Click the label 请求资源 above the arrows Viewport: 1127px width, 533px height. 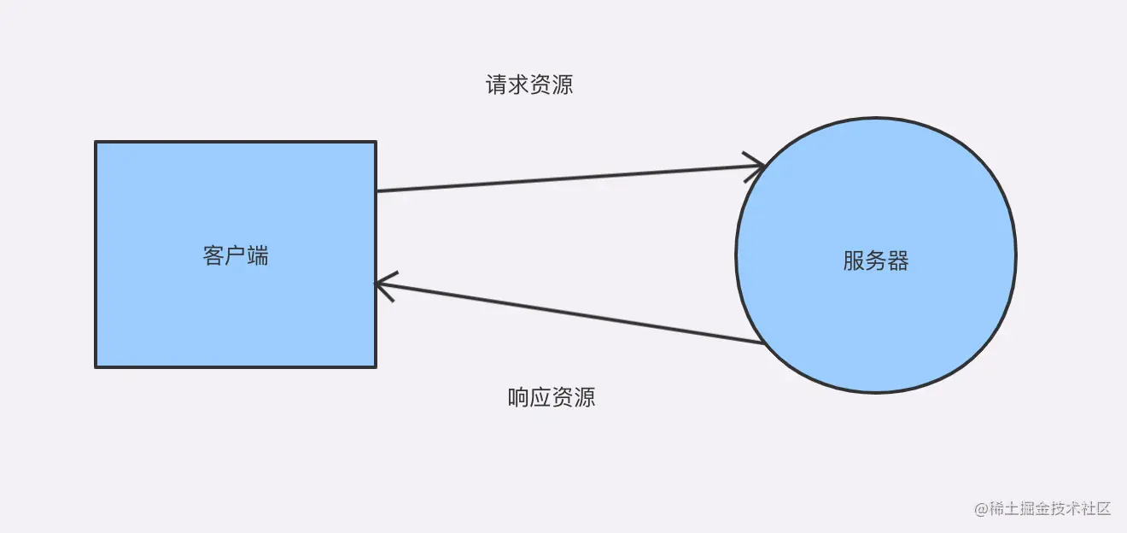click(529, 85)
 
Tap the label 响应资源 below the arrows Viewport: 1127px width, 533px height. click(552, 397)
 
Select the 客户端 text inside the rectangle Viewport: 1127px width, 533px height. click(236, 255)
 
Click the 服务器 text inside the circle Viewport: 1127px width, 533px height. click(876, 261)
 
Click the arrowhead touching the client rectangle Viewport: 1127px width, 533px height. click(382, 284)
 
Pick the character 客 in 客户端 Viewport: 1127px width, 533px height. click(213, 255)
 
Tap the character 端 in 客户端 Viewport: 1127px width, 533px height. click(258, 255)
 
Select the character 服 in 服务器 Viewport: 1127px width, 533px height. click(854, 261)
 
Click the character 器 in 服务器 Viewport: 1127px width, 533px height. click(898, 261)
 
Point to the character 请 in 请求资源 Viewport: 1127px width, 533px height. click(496, 85)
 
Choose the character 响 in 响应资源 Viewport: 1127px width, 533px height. click(518, 397)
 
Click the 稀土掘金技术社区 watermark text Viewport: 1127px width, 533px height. click(1050, 508)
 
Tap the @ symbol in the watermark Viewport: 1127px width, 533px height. click(981, 509)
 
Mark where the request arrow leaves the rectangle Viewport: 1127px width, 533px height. click(377, 190)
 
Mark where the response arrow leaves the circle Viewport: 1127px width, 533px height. click(762, 343)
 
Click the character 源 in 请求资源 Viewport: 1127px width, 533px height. click(563, 85)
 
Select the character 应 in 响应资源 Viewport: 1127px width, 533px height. click(540, 397)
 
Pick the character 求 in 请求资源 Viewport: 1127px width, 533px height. click(518, 85)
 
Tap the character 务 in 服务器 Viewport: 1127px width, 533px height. click(876, 261)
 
